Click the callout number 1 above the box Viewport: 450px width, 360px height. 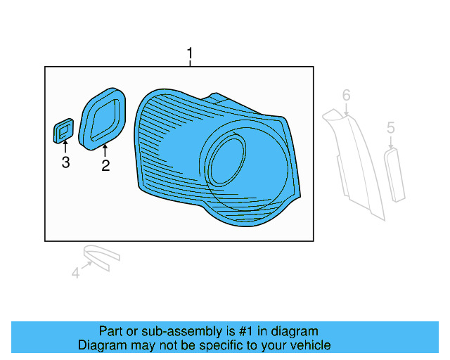click(189, 53)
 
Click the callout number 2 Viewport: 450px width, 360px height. click(105, 166)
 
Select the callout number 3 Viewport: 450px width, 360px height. click(65, 163)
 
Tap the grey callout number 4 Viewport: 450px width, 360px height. click(75, 273)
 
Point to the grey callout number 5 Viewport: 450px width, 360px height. click(391, 127)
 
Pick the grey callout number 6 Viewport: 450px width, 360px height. click(346, 94)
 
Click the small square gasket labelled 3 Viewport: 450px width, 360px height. click(63, 131)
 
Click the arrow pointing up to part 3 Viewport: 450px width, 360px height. click(65, 147)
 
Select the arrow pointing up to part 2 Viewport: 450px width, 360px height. click(105, 150)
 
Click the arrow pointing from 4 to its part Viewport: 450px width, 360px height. click(87, 265)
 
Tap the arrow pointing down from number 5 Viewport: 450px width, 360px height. click(391, 141)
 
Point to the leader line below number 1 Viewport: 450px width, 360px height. click(189, 63)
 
